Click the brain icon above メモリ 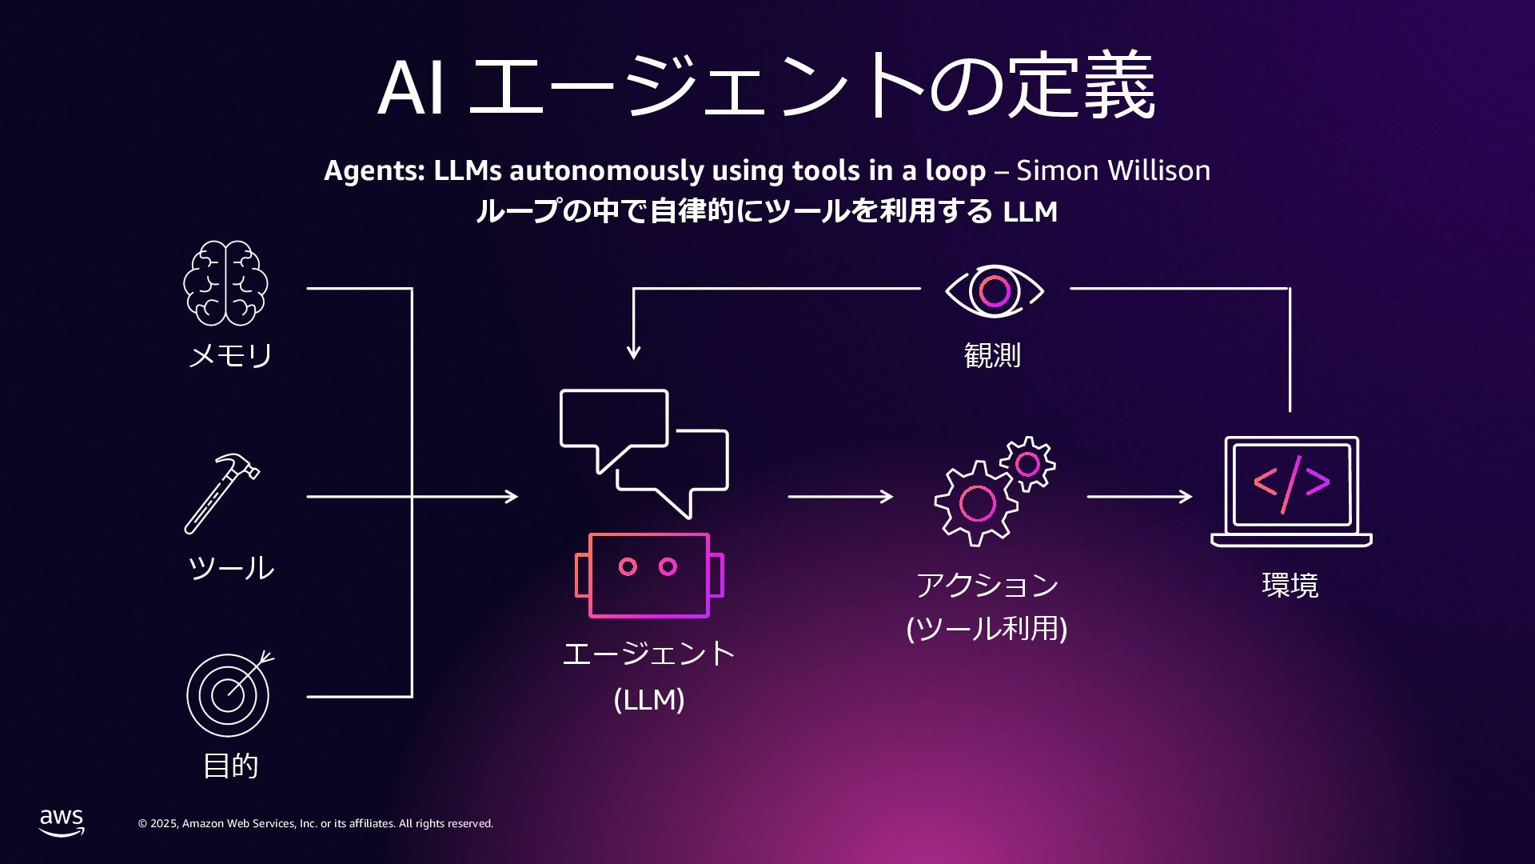(225, 283)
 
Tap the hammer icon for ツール (221, 494)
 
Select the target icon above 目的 (229, 694)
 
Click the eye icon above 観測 (994, 290)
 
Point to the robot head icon (649, 575)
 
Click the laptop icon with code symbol (1291, 491)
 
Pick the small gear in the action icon (1028, 463)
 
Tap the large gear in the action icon (976, 504)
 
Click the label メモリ (230, 355)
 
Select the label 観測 (992, 354)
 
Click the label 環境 (1290, 585)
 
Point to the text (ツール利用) (987, 628)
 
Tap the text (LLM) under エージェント (649, 700)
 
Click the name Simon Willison (1113, 170)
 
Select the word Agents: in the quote (374, 170)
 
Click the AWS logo (62, 822)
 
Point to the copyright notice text (316, 823)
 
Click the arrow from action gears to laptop (1139, 497)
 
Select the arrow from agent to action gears (840, 497)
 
